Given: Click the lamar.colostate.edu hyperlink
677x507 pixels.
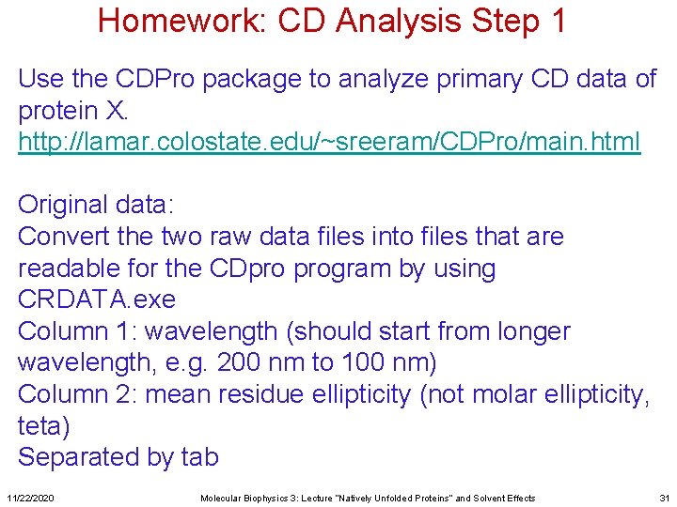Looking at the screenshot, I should click(329, 143).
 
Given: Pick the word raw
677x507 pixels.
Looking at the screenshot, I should click(235, 237).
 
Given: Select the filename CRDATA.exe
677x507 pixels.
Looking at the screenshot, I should click(97, 300).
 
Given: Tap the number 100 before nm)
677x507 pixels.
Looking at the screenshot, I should click(354, 363).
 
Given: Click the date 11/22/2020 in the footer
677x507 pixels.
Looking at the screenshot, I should click(30, 498).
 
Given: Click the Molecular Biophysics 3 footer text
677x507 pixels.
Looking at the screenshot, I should click(367, 498).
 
